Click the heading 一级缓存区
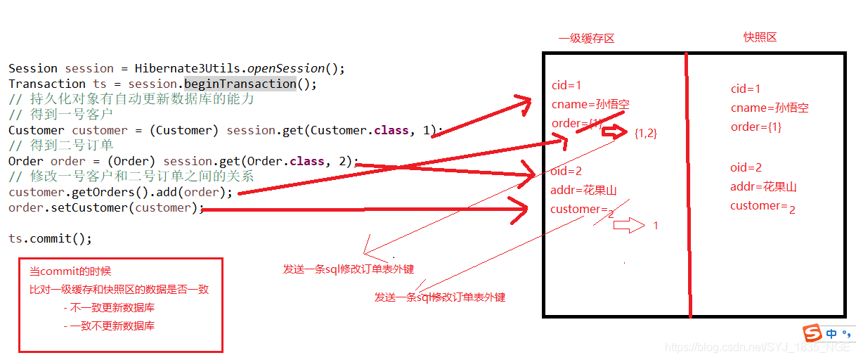point(586,39)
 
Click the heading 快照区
point(760,37)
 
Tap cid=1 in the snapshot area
point(746,89)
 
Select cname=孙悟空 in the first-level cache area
point(590,105)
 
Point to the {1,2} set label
point(645,132)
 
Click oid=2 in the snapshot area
point(746,167)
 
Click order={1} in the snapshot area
point(756,127)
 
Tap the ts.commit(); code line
point(50,238)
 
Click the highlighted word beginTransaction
point(240,84)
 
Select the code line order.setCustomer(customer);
point(105,207)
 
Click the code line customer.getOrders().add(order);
point(120,192)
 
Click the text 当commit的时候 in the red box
point(70,271)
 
